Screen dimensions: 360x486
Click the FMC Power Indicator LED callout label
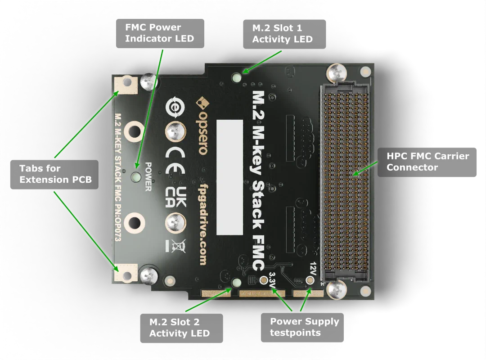160,33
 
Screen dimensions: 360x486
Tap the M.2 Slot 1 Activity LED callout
283,34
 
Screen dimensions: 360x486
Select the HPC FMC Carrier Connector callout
427,162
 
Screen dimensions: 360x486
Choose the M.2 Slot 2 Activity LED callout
180,328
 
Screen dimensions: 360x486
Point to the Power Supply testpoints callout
304,327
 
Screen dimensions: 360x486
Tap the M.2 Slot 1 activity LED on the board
236,77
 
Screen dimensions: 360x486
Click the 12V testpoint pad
310,280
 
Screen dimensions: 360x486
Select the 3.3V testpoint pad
264,280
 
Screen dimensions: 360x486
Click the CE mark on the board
175,156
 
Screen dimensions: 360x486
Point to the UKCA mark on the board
175,198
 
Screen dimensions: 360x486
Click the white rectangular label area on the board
229,177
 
